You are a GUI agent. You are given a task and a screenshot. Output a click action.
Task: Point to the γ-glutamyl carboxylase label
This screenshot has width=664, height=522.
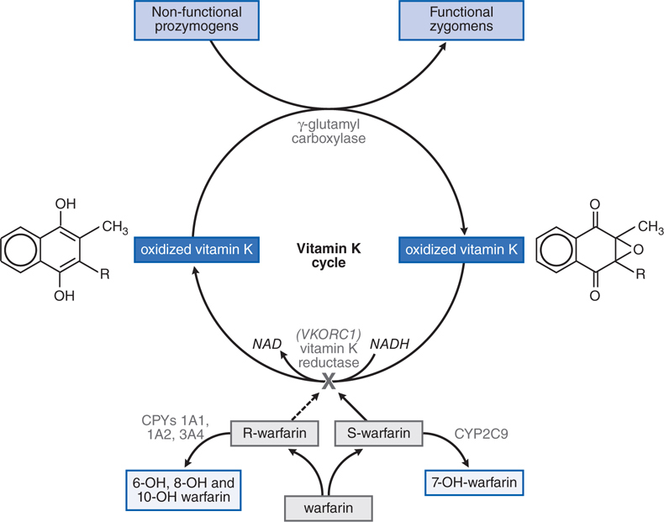(329, 131)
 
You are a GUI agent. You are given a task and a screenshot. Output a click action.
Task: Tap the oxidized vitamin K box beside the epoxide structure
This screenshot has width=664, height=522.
(460, 250)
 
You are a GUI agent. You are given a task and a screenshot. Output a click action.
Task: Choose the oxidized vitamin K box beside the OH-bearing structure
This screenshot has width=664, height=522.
(197, 250)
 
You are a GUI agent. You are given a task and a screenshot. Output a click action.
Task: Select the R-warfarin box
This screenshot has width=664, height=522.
(276, 435)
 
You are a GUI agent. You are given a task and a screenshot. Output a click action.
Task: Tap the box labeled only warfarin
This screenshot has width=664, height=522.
(328, 508)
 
